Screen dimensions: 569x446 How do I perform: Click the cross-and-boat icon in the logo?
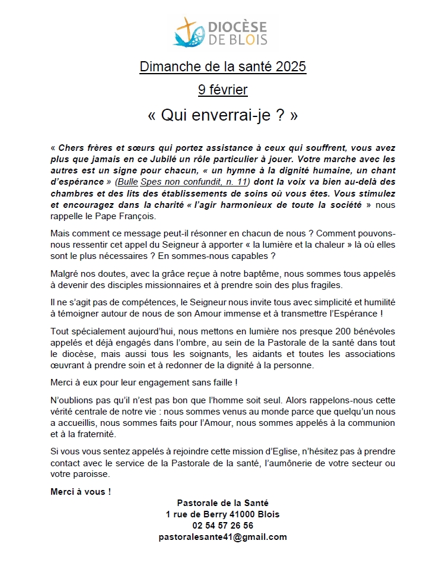click(x=188, y=32)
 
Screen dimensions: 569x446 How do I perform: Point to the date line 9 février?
click(x=223, y=90)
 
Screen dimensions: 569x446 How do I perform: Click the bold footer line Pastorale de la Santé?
click(x=222, y=503)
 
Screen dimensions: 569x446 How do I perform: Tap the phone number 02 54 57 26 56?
click(x=222, y=526)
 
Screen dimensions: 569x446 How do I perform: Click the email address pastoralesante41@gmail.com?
click(x=222, y=537)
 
